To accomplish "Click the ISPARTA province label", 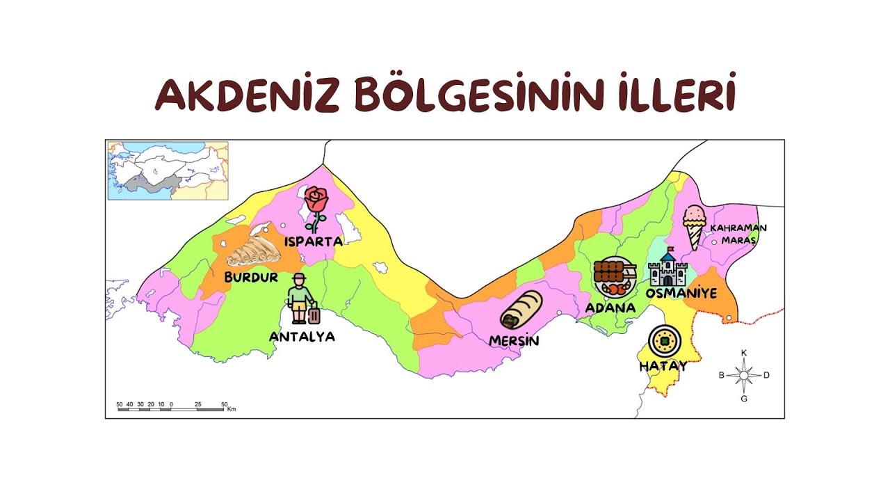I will click(313, 241).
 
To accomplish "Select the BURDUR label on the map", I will click(251, 277).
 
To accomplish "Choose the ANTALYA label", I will click(302, 337).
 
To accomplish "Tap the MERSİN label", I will click(514, 341).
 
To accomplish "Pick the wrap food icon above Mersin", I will click(521, 310).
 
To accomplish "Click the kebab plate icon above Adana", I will click(615, 278).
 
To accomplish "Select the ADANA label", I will click(610, 308).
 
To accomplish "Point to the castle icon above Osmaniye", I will click(667, 268).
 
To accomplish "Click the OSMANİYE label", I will click(681, 294).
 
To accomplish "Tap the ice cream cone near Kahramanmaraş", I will click(694, 226).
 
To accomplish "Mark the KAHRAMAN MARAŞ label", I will click(738, 234).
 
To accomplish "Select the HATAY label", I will click(663, 366).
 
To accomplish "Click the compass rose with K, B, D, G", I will click(744, 376).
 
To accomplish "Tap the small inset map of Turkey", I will click(168, 170).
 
